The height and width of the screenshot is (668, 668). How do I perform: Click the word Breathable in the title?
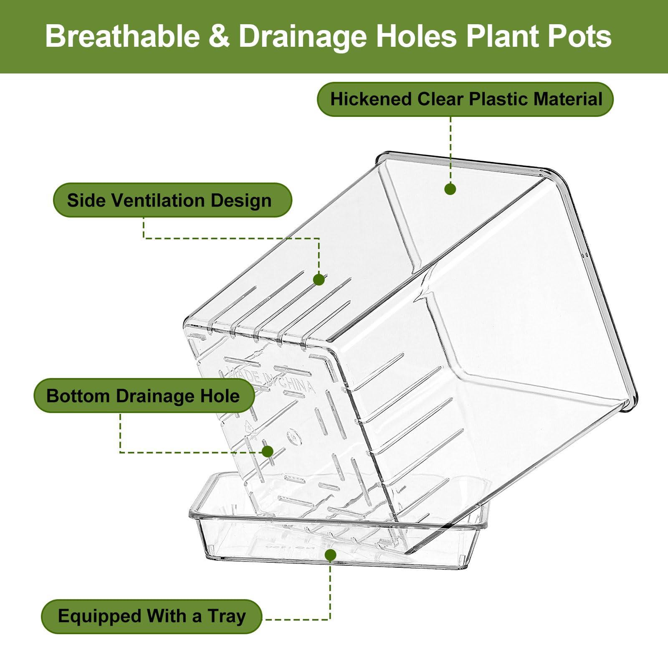coord(123,36)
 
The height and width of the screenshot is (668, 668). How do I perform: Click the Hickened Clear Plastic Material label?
coord(466,99)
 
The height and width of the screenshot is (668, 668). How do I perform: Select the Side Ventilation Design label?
coord(172,200)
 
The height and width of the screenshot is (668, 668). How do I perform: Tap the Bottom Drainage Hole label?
coord(144,396)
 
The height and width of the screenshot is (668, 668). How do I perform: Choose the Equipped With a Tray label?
coord(152,617)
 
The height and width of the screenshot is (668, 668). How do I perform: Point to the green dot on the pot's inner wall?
coord(450,189)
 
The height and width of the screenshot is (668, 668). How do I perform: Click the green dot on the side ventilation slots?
coord(319,279)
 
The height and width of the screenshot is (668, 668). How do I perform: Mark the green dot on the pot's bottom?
coord(268,451)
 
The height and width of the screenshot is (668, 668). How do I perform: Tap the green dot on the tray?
coord(330,555)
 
